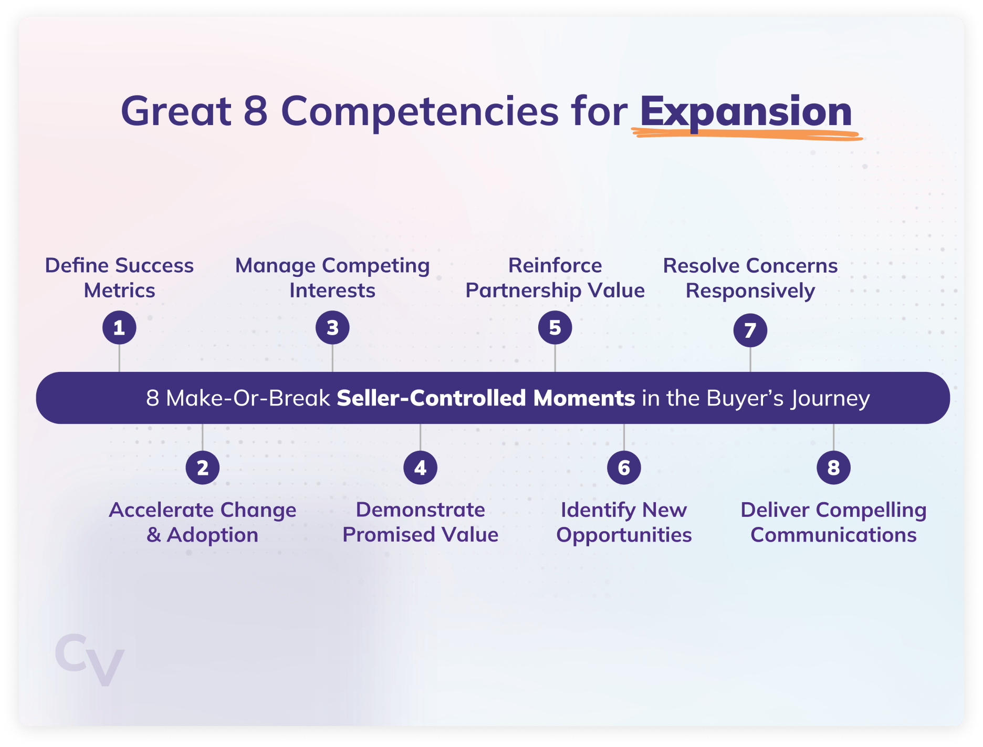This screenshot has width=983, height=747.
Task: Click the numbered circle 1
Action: tap(119, 327)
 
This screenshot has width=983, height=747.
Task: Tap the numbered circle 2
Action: tap(203, 468)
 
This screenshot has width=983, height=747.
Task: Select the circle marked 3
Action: tap(332, 327)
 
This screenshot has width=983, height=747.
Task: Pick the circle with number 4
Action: tap(420, 468)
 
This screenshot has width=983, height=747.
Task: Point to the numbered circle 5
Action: tap(555, 327)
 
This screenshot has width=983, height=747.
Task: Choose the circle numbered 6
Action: tap(624, 468)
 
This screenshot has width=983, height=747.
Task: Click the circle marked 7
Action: tap(750, 330)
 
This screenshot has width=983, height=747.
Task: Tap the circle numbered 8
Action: tap(833, 468)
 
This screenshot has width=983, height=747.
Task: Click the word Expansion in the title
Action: tap(746, 112)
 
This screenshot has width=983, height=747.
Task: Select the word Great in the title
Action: tap(176, 111)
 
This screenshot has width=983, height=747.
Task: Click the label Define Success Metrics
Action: tap(119, 278)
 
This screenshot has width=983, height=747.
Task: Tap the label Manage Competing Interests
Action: tap(332, 278)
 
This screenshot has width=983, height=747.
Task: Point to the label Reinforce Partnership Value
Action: tap(555, 278)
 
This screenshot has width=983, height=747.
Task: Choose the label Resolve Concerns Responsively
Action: tap(750, 278)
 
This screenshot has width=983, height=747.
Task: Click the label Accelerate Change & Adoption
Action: tap(203, 522)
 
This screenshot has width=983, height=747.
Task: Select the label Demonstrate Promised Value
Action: tap(420, 522)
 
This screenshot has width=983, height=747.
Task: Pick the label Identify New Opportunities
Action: tap(624, 522)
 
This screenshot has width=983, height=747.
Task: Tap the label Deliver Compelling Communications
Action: tap(833, 522)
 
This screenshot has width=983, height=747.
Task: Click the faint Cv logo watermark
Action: tap(90, 659)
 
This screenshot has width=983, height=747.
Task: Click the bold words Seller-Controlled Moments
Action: tap(486, 398)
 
